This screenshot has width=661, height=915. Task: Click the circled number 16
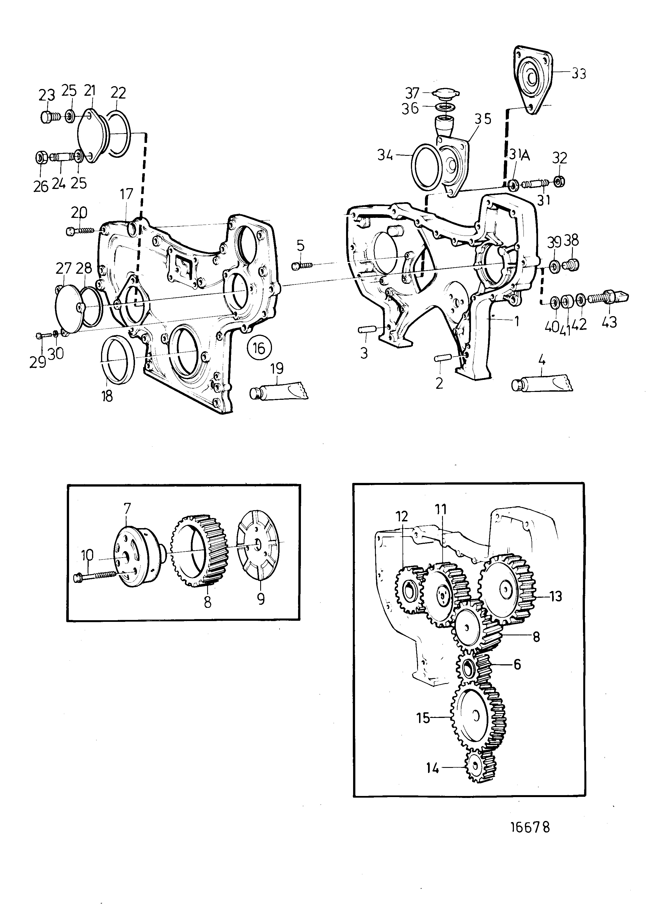[259, 348]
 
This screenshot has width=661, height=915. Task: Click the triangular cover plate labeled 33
[533, 81]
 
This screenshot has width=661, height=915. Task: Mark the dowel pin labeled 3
[368, 330]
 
